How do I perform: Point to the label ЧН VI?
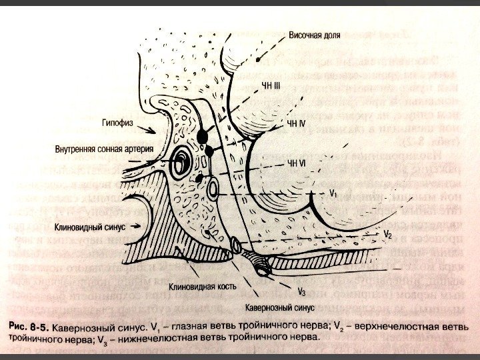(295, 162)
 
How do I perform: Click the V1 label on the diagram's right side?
(334, 193)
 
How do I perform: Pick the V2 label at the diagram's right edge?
(387, 235)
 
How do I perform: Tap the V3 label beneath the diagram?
(301, 292)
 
